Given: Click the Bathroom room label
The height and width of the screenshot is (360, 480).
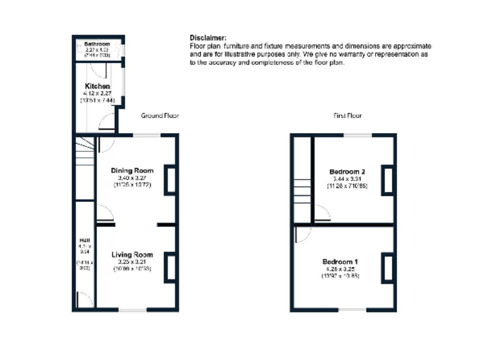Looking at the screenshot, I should [97, 44].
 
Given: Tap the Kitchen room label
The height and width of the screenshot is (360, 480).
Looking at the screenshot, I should [97, 86].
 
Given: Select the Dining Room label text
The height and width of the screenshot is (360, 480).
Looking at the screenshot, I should [132, 171].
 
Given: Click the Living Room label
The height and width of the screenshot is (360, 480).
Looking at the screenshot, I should [132, 254].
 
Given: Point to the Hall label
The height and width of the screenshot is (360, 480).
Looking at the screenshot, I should [84, 240].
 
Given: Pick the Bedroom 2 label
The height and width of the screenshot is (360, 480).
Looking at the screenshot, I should [347, 171].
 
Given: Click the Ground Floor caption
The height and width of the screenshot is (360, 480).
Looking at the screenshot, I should [159, 116].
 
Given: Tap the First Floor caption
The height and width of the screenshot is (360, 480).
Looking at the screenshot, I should [347, 116].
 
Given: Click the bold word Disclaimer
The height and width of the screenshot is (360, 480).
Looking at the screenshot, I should [207, 38].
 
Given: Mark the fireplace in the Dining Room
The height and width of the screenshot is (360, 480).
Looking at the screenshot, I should [170, 181].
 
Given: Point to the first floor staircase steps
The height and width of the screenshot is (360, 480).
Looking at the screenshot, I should [303, 191].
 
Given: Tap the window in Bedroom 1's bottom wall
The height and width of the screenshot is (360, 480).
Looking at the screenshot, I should [354, 310].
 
